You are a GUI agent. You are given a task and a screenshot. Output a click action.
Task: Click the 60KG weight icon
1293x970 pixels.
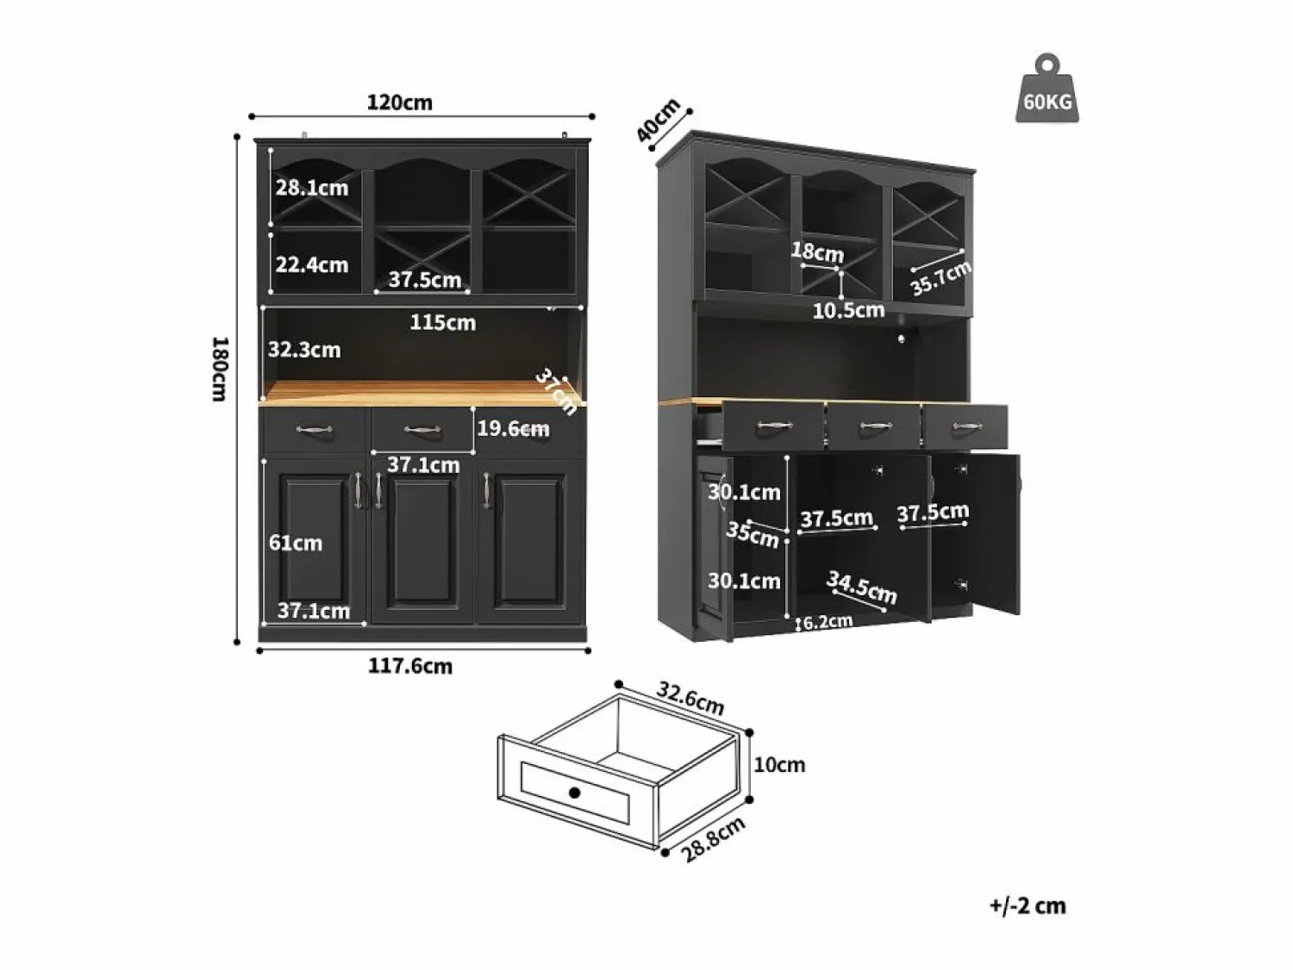[1047, 89]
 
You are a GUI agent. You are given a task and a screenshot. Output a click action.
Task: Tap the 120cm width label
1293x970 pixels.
[400, 103]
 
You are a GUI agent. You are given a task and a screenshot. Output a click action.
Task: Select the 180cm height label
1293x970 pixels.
[220, 369]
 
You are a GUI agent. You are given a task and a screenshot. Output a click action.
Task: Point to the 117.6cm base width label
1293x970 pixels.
[410, 666]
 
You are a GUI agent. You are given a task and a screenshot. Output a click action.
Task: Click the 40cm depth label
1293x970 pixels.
[658, 120]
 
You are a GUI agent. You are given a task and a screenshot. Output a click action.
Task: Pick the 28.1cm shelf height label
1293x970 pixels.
[312, 188]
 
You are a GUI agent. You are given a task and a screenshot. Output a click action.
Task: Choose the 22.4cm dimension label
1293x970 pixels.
[312, 264]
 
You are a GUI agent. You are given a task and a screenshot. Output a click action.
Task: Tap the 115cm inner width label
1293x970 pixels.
[443, 322]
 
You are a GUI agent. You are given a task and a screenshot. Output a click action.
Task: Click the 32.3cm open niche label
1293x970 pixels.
[304, 350]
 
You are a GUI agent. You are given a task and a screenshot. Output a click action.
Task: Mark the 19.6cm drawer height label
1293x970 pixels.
[513, 428]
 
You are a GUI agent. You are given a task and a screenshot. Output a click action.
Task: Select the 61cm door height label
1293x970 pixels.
[296, 543]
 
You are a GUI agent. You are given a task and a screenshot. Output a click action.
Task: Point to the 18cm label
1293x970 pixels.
[818, 252]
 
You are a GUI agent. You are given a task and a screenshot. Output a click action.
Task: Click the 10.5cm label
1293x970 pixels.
[849, 310]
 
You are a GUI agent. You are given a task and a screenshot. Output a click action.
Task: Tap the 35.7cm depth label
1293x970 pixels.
[940, 277]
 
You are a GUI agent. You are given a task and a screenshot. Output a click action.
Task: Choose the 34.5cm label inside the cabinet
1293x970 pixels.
[862, 587]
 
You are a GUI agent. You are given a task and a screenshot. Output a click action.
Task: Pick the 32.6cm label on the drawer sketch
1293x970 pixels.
[690, 699]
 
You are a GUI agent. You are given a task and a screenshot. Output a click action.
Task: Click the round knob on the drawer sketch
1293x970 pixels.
[575, 793]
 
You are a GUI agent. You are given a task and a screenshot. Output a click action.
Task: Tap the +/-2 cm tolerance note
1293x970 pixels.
[1028, 906]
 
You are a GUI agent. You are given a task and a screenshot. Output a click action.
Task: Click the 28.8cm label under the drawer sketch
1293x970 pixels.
[713, 839]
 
